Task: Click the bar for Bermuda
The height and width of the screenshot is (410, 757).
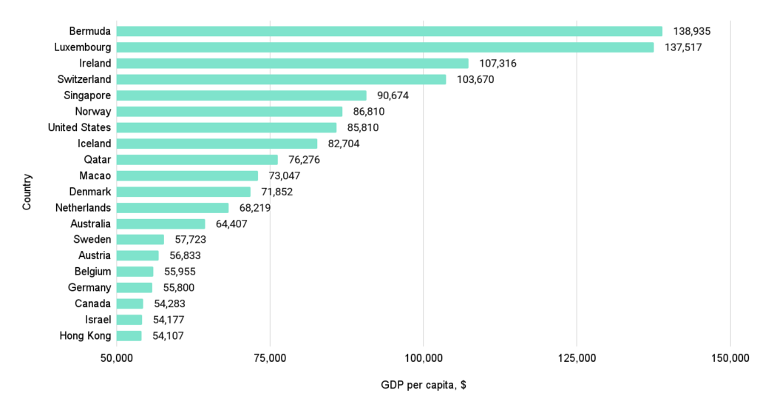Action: tap(390, 31)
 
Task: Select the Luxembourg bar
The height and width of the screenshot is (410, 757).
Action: tap(385, 47)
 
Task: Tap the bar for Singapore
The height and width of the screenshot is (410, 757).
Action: tap(242, 95)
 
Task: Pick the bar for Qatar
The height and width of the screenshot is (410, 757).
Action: tap(197, 160)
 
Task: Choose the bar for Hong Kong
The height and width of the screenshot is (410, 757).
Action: tap(129, 336)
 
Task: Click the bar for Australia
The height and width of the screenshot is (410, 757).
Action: tap(161, 224)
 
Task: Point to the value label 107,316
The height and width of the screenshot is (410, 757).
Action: tap(498, 64)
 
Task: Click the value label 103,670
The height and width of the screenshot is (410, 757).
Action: tap(475, 79)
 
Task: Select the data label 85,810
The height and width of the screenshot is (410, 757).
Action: tap(366, 127)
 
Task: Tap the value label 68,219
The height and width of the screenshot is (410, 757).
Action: tap(258, 208)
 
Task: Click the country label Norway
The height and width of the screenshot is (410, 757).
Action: tap(93, 112)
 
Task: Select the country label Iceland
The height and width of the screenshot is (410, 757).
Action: tap(95, 144)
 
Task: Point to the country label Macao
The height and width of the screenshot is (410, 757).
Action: tap(95, 176)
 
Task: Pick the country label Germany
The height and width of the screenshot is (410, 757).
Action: tap(90, 288)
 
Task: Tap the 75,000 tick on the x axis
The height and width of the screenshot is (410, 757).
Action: tap(270, 359)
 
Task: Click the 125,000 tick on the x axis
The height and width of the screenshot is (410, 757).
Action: tap(577, 359)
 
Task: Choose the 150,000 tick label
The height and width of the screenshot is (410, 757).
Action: tap(730, 359)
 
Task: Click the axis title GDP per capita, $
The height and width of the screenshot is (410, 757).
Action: tap(424, 386)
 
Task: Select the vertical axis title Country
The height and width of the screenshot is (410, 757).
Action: tap(27, 192)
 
